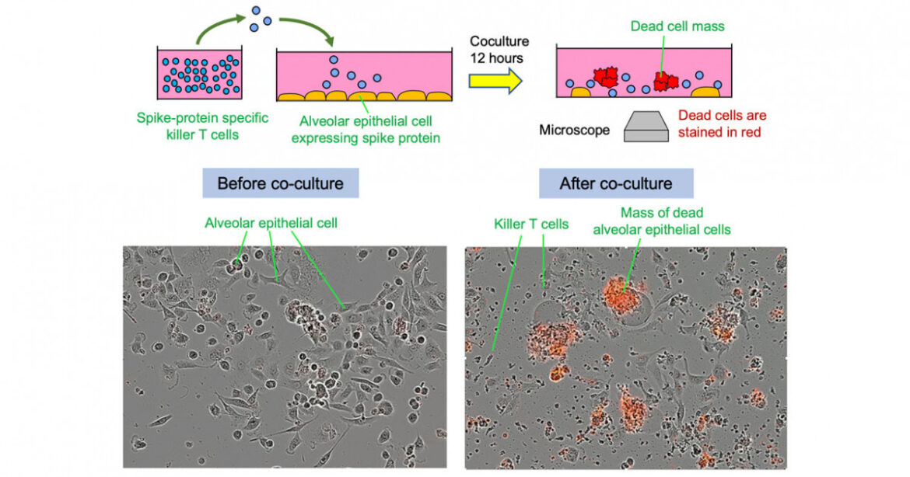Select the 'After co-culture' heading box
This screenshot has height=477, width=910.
click(616, 184)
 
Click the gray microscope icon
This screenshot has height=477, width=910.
click(646, 127)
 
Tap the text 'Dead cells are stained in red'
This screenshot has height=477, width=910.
click(722, 124)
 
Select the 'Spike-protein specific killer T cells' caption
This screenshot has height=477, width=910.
click(201, 126)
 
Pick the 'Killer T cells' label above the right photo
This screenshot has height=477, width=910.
click(531, 225)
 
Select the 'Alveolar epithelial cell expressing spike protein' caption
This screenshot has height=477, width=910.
click(365, 130)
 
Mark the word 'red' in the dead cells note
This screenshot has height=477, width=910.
click(750, 132)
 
